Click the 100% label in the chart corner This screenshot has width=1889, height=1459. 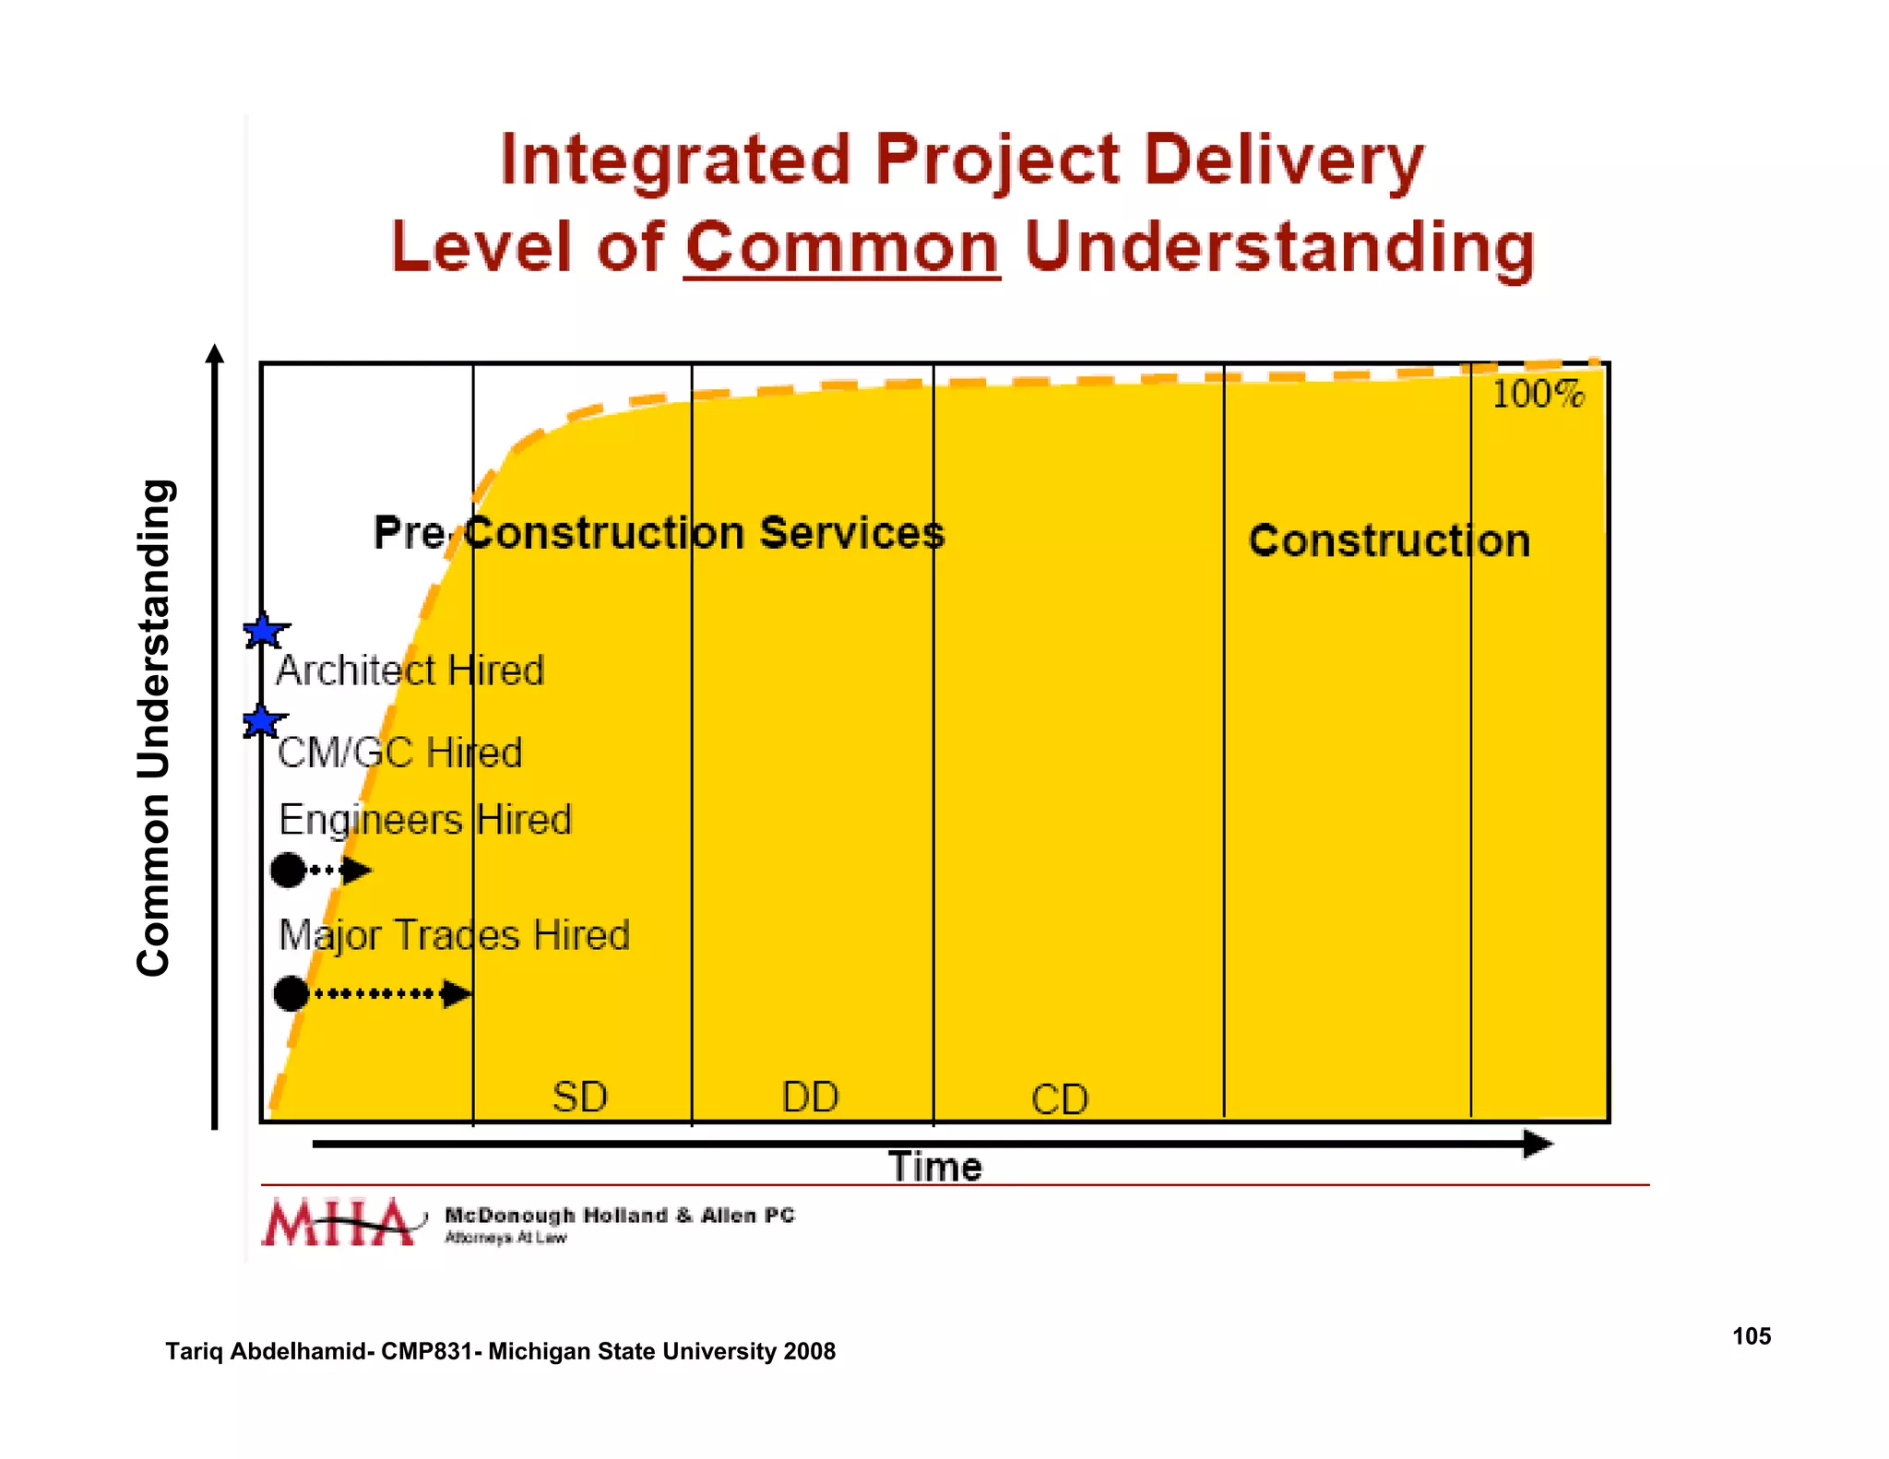click(1538, 395)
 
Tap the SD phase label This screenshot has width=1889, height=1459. click(579, 1097)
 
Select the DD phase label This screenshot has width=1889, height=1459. click(810, 1097)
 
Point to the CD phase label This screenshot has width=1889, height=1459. click(1060, 1099)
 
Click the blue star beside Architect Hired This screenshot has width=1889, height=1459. click(265, 632)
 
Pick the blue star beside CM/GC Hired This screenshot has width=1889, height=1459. click(263, 721)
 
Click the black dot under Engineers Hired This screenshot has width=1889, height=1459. click(289, 870)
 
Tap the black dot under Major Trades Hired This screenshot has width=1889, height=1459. click(291, 993)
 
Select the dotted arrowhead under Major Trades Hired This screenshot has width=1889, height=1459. click(457, 993)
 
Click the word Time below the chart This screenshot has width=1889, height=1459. click(934, 1167)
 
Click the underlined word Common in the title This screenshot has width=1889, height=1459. click(841, 247)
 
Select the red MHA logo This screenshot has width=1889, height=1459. click(338, 1223)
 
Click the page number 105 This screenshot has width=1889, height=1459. click(1751, 1335)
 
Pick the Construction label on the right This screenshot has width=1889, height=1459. click(1388, 540)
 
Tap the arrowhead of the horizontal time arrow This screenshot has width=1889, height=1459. click(1537, 1145)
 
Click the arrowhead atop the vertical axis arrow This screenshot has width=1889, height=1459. click(215, 353)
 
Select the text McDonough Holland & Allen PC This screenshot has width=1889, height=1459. click(619, 1216)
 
